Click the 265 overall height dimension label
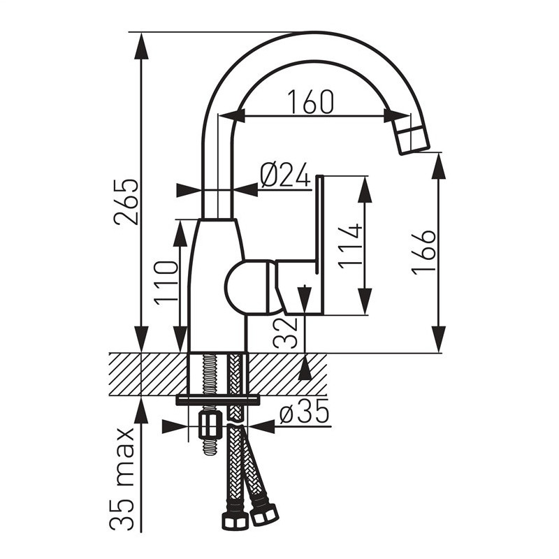pyautogui.click(x=126, y=202)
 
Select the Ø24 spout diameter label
pyautogui.click(x=285, y=175)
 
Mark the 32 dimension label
pyautogui.click(x=285, y=333)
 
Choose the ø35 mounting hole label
pyautogui.click(x=304, y=412)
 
